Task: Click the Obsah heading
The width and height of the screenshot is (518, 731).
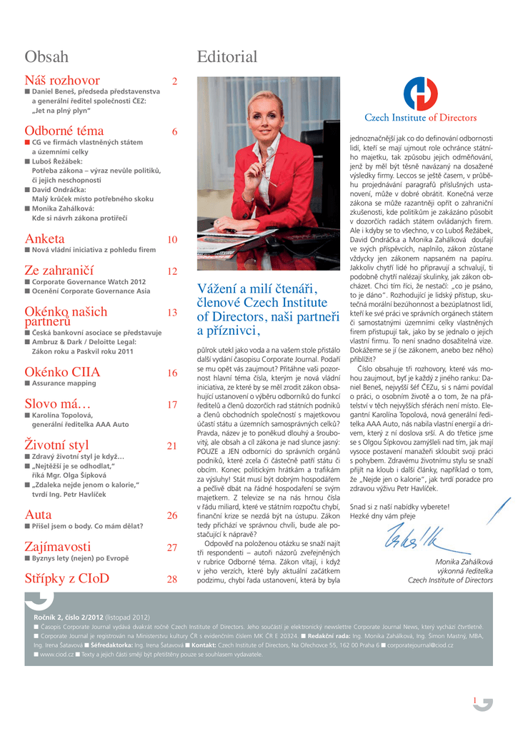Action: pyautogui.click(x=46, y=57)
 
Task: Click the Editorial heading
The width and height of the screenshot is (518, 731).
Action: pyautogui.click(x=226, y=57)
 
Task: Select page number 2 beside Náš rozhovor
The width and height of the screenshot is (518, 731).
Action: pyautogui.click(x=174, y=81)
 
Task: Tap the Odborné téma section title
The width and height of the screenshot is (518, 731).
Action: pyautogui.click(x=64, y=131)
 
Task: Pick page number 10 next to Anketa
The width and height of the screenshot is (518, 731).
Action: pyautogui.click(x=172, y=240)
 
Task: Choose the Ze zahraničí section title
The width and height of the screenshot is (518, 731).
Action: pyautogui.click(x=59, y=271)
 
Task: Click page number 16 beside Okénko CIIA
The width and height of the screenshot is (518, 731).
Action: pyautogui.click(x=172, y=373)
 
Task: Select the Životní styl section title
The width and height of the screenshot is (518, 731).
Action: pyautogui.click(x=56, y=446)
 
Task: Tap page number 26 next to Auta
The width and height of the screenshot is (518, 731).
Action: pyautogui.click(x=172, y=515)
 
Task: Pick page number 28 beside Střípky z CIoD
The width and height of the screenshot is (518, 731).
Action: pyautogui.click(x=172, y=579)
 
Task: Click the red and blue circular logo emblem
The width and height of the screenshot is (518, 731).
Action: pyautogui.click(x=421, y=92)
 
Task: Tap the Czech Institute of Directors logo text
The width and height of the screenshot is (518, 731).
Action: pyautogui.click(x=421, y=118)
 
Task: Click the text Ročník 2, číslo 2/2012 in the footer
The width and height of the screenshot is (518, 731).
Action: pyautogui.click(x=69, y=616)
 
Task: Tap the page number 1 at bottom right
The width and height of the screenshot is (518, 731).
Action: pyautogui.click(x=474, y=700)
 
